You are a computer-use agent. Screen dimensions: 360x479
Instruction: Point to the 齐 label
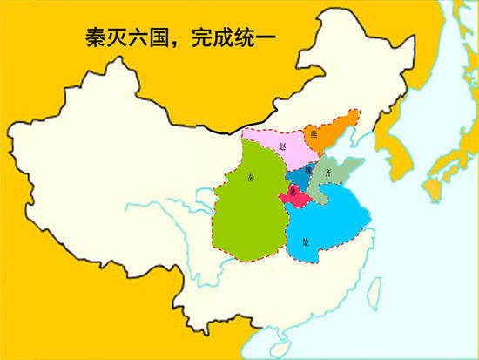pos(327,173)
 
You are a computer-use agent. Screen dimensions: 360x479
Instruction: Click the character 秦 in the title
pos(99,38)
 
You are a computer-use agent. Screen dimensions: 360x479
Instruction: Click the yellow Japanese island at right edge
pos(435,183)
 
